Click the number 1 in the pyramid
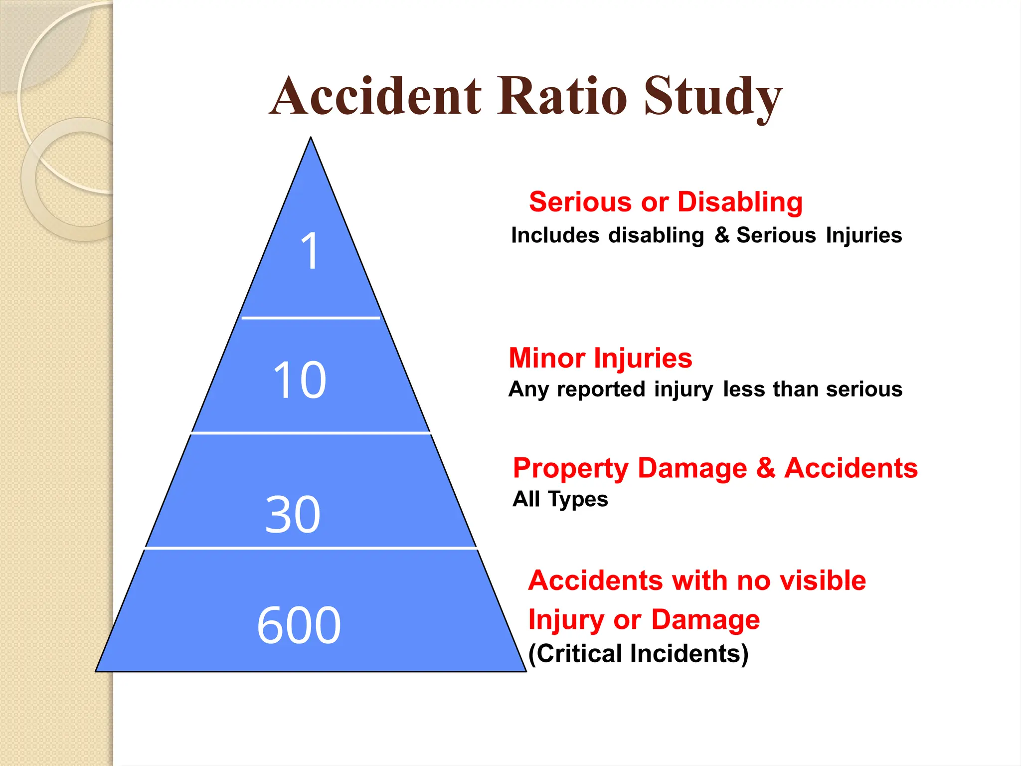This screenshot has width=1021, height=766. pyautogui.click(x=310, y=251)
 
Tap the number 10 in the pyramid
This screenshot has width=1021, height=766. pyautogui.click(x=300, y=380)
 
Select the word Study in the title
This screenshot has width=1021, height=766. pyautogui.click(x=713, y=97)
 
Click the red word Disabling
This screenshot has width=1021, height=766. pyautogui.click(x=740, y=202)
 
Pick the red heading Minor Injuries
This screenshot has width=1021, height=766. pyautogui.click(x=600, y=358)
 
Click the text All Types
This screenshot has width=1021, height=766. pyautogui.click(x=560, y=499)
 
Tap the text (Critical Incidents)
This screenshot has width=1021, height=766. pyautogui.click(x=638, y=653)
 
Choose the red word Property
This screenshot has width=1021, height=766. pyautogui.click(x=571, y=469)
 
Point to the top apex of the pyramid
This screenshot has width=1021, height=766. pyautogui.click(x=311, y=139)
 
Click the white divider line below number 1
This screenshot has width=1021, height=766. pyautogui.click(x=311, y=317)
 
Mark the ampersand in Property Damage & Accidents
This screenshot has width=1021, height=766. pyautogui.click(x=766, y=468)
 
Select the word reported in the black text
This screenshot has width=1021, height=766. pyautogui.click(x=601, y=389)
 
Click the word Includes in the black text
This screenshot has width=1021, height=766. pyautogui.click(x=555, y=235)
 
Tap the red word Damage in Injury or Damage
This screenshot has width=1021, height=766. pyautogui.click(x=705, y=619)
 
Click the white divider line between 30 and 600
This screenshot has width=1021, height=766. pyautogui.click(x=311, y=548)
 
